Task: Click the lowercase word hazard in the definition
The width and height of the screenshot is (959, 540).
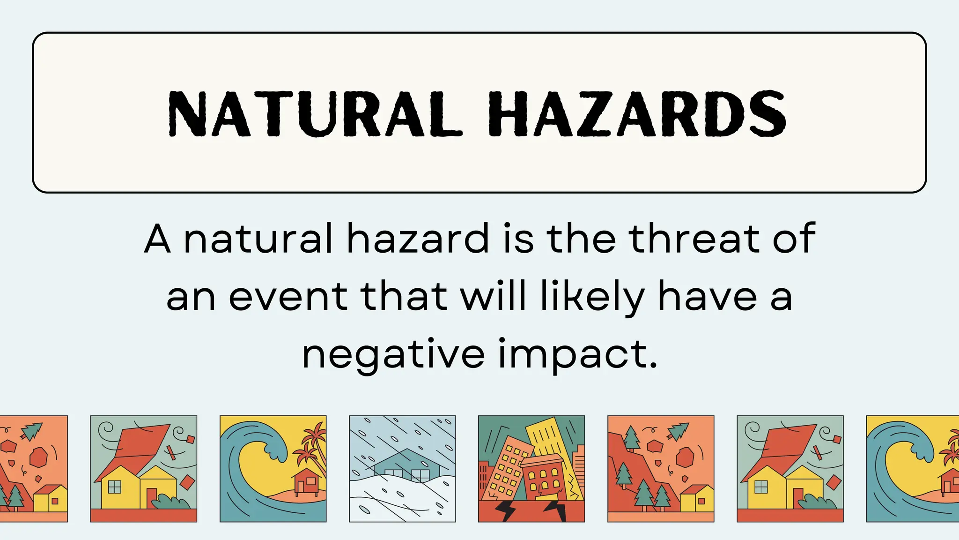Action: click(418, 239)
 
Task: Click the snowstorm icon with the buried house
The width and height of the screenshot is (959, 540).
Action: click(402, 469)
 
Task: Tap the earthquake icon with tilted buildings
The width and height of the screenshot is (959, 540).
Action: click(531, 469)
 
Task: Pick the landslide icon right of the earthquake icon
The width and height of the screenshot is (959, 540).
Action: click(661, 469)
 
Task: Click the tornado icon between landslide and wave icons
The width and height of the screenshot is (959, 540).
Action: click(790, 469)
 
